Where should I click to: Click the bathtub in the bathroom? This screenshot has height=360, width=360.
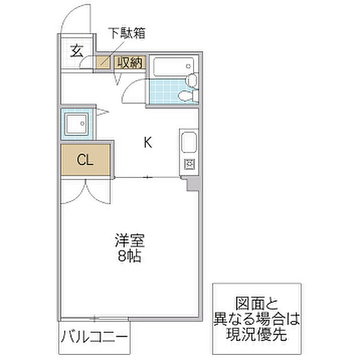coord(172,67)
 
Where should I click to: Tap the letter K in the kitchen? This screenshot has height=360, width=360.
coord(147,143)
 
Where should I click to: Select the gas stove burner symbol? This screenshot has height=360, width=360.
coord(188,164)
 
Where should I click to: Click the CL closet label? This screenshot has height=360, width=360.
coord(85,160)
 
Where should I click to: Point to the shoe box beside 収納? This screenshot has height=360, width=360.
coord(104,61)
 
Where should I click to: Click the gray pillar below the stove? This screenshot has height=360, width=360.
coord(191,184)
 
